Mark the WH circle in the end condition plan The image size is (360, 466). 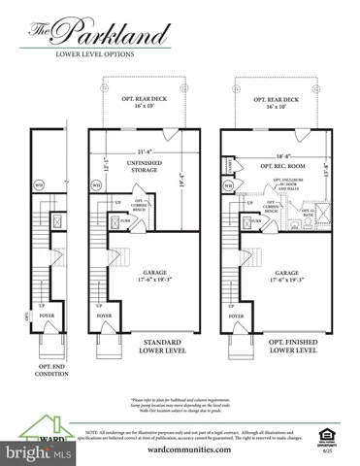pos(39,185)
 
